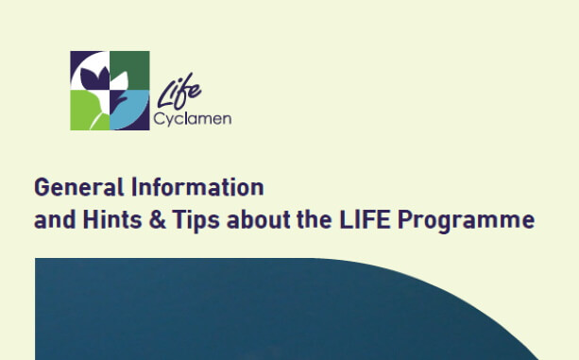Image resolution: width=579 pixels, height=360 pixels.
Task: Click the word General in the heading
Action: [x=66, y=186]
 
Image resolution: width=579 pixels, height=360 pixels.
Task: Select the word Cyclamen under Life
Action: [x=192, y=120]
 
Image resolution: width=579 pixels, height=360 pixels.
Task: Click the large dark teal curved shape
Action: [x=283, y=312]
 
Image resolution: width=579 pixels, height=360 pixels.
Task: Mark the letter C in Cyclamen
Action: [x=157, y=120]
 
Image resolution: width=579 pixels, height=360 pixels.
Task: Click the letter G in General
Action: [x=41, y=186]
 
